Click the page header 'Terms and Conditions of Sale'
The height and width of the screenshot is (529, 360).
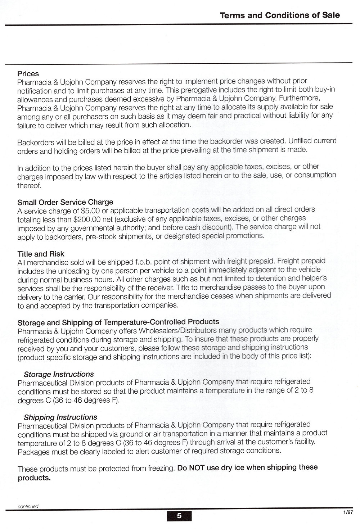[279, 15]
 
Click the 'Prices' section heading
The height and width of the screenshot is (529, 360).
[28, 74]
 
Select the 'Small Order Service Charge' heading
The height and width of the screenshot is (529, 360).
[65, 202]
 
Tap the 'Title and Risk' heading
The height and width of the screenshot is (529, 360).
[41, 254]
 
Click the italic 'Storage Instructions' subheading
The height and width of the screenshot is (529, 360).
[59, 374]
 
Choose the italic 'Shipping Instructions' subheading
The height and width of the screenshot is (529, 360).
[60, 417]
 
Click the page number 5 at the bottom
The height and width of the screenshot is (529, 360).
[179, 516]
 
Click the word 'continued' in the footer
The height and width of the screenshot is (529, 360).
[28, 506]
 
